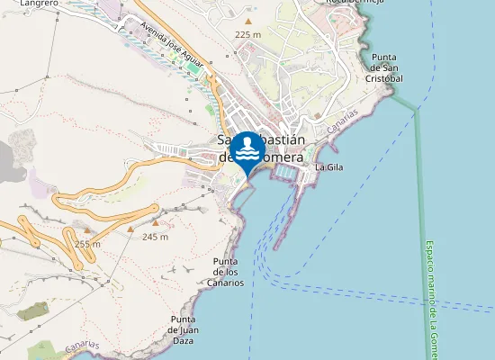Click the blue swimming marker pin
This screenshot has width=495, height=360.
pos(247,150)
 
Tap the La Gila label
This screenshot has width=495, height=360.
pos(328,166)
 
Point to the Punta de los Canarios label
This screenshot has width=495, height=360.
pos(228,272)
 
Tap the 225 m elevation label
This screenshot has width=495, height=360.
pos(247,33)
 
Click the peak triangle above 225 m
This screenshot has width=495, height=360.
pos(247,20)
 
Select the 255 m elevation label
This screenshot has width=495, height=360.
pos(87,243)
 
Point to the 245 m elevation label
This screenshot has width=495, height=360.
pos(156,237)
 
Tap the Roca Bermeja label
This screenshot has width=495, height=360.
pos(355,3)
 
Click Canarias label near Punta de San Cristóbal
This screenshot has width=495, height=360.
pos(343,122)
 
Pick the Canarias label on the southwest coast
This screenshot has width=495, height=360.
pos(82,346)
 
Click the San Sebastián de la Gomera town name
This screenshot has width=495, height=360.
pos(262,148)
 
